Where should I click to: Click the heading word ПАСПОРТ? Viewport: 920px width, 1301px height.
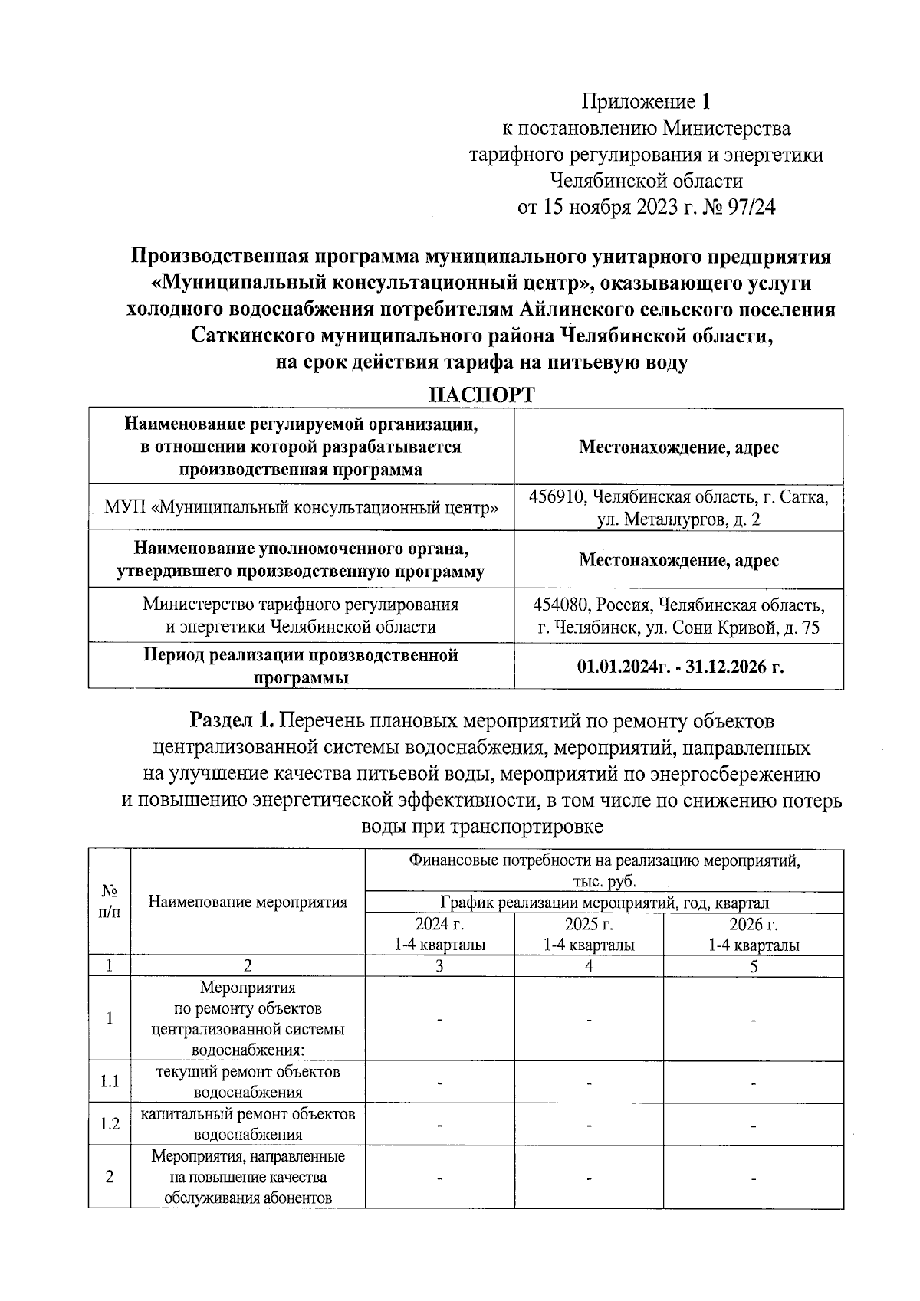pos(481,395)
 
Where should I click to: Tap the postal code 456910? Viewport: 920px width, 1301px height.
pos(557,496)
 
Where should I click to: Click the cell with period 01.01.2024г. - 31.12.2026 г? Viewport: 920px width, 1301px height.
pos(679,667)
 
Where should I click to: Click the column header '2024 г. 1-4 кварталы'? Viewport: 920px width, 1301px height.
pos(439,934)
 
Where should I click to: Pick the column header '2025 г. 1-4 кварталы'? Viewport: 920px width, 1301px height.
pos(589,934)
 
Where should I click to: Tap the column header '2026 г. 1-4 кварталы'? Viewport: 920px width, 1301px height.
pos(753,934)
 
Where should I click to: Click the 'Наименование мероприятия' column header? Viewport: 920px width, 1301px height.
pos(248,902)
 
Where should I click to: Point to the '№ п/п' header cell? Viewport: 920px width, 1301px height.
pos(110,902)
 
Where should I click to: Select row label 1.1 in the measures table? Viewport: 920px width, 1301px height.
pos(110,1082)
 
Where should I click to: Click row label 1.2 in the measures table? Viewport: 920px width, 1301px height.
pos(110,1124)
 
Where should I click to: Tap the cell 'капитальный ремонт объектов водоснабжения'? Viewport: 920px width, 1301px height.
pos(248,1124)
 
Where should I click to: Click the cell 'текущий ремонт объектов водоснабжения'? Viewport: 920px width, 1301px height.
pos(248,1082)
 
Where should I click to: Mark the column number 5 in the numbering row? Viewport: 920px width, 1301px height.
pos(753,966)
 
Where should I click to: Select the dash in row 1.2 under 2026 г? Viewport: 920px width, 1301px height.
pos(753,1126)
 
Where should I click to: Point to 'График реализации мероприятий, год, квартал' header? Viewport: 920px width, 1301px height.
pos(604,903)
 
